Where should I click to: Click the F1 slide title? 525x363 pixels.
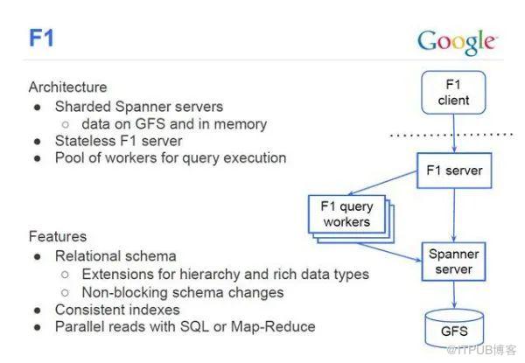pyautogui.click(x=40, y=39)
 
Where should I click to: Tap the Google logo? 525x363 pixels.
pyautogui.click(x=458, y=41)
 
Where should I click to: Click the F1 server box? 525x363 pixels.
pyautogui.click(x=452, y=169)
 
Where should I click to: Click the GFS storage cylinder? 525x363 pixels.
pyautogui.click(x=452, y=329)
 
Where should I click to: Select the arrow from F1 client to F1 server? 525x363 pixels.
pyautogui.click(x=452, y=131)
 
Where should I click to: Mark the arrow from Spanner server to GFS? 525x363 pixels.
pyautogui.click(x=452, y=297)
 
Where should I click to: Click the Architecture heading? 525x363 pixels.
pyautogui.click(x=67, y=87)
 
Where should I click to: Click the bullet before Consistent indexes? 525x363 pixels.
pyautogui.click(x=37, y=310)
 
